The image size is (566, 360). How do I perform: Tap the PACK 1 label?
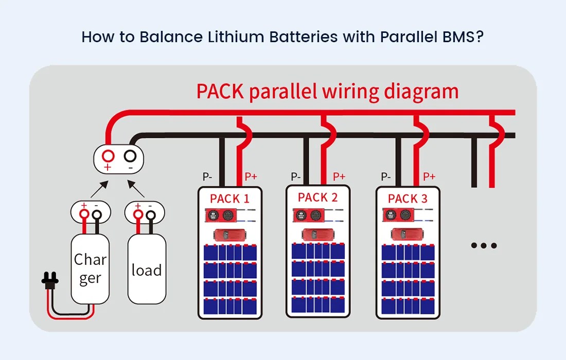point(229,199)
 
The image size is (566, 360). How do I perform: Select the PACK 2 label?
point(317,197)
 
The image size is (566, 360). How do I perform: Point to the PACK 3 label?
point(408,199)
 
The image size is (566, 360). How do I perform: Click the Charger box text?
point(90,268)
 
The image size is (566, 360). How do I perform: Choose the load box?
point(146,271)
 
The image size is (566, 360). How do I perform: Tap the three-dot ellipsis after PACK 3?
point(484,245)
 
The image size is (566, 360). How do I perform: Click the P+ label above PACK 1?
point(251,176)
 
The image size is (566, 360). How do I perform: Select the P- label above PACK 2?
point(296,176)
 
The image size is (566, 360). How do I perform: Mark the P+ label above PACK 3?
point(429,176)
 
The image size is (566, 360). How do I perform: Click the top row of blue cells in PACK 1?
point(229,253)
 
